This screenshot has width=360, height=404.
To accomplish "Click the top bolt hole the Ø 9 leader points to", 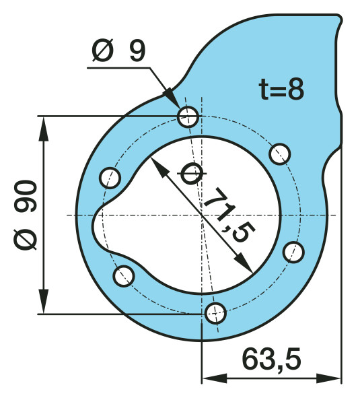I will pos(188,116).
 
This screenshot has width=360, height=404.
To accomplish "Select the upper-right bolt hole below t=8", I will pos(279,154).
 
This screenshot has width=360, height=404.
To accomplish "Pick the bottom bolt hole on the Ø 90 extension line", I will pos(215,312).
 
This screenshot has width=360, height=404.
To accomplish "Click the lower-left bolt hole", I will pos(123,275).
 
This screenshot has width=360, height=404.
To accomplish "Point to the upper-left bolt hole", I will pos(110,178).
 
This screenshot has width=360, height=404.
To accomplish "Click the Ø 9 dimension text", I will pos(118,52).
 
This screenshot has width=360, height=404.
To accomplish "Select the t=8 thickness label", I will pos(281,89).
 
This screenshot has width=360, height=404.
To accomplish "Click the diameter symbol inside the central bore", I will pos(190,174).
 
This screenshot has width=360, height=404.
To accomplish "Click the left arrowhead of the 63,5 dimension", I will pos(211,377).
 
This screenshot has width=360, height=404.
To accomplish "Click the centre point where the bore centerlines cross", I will pos(201,215).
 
